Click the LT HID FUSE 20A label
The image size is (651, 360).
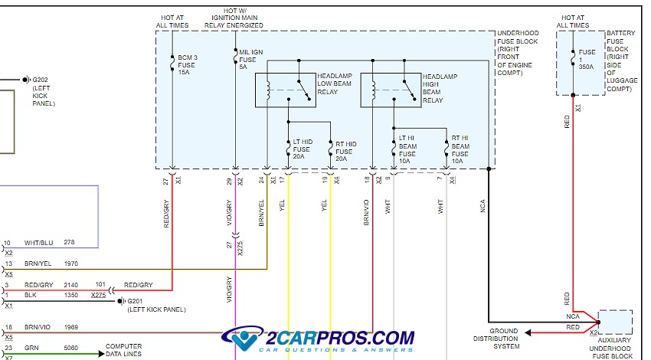(302, 147)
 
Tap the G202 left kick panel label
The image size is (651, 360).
(42, 91)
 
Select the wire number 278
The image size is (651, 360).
(70, 243)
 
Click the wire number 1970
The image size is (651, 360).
(72, 263)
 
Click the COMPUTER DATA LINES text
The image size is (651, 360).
(123, 350)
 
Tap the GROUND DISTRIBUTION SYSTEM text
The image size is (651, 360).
(496, 339)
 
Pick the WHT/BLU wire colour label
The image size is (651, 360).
(38, 243)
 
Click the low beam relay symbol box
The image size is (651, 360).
(286, 90)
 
